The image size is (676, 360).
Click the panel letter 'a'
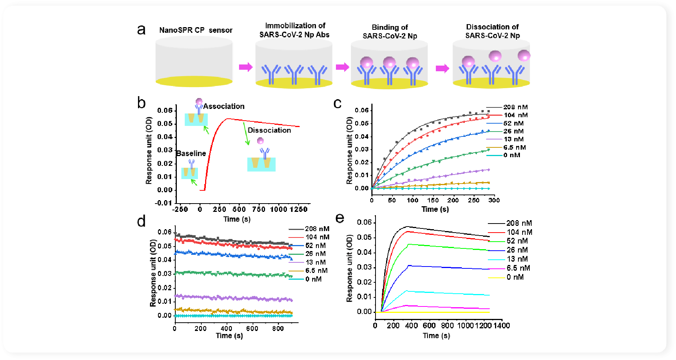[141, 30]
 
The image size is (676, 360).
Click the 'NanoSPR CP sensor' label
[196, 30]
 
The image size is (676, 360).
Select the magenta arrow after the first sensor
[245, 67]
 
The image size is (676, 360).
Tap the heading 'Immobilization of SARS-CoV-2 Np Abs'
[294, 30]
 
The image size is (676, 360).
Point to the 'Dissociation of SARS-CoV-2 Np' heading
[492, 31]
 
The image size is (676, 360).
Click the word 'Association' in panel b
[224, 106]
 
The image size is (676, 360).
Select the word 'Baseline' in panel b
[191, 153]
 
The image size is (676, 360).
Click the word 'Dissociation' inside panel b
[269, 130]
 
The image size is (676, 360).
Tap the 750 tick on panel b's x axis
[259, 209]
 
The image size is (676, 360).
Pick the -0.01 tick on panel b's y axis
[163, 203]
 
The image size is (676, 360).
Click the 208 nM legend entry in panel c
[515, 107]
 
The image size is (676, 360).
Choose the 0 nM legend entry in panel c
[512, 155]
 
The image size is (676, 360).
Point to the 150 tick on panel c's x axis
[433, 200]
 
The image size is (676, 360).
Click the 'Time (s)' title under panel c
[435, 209]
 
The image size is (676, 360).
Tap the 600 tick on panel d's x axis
[252, 328]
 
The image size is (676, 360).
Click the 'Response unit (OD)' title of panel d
[153, 273]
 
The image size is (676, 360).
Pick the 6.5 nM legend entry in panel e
[518, 268]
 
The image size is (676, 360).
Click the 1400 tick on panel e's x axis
[501, 325]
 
